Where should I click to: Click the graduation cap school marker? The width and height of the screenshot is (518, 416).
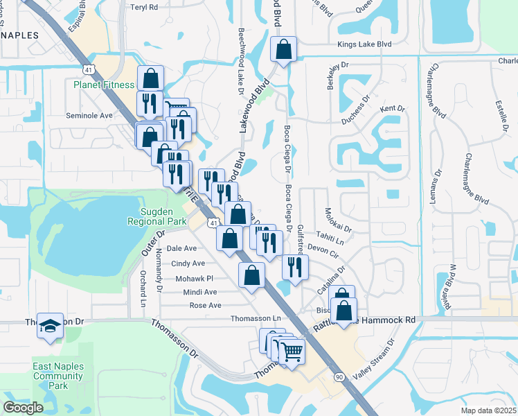pyautogui.click(x=51, y=327)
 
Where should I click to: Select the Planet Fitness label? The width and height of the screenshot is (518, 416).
pyautogui.click(x=104, y=85)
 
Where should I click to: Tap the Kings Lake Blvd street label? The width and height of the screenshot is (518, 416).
pyautogui.click(x=364, y=44)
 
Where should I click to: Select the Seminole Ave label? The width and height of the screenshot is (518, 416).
pyautogui.click(x=89, y=115)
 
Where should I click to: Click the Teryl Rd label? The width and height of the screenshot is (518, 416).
pyautogui.click(x=144, y=7)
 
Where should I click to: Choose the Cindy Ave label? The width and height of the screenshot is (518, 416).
pyautogui.click(x=188, y=263)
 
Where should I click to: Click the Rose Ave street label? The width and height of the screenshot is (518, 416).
pyautogui.click(x=205, y=305)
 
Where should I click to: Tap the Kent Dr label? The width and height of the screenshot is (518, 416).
pyautogui.click(x=392, y=109)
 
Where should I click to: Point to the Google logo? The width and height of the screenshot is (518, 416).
pyautogui.click(x=24, y=408)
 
